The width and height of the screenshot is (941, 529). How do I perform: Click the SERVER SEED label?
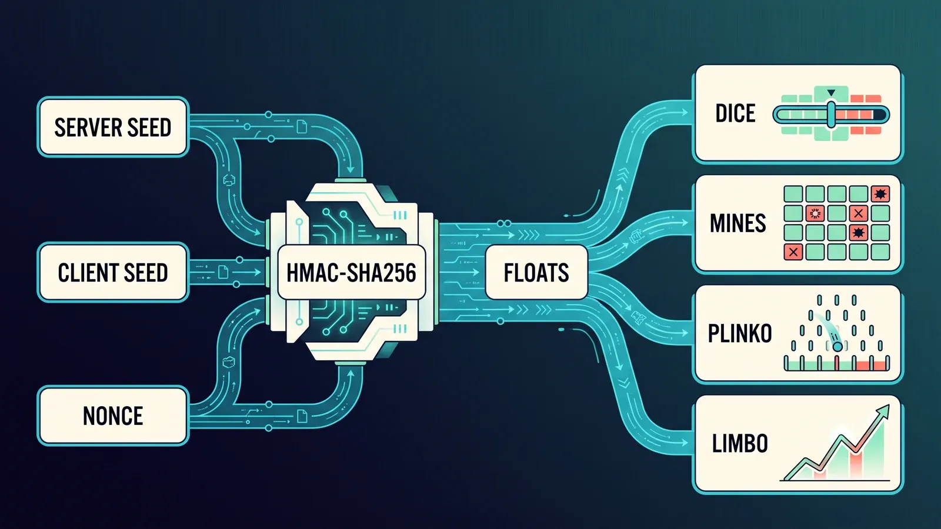coord(112,127)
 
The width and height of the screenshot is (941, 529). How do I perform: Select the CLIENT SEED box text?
coord(112,273)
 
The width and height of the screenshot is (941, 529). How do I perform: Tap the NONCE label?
coord(112,416)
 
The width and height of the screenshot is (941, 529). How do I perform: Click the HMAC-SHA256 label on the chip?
coord(351,273)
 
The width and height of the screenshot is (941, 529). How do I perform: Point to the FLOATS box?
coord(536,273)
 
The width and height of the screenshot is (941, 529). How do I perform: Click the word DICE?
coord(735,113)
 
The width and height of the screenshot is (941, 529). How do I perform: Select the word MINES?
coord(738,223)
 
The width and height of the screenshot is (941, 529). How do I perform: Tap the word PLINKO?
coord(740,333)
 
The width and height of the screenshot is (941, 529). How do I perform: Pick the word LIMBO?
coord(740,443)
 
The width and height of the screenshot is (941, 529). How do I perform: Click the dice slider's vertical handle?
coord(831,114)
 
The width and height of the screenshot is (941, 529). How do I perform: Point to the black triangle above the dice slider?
coord(831,93)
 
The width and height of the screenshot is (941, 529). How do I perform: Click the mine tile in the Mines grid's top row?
coord(880,194)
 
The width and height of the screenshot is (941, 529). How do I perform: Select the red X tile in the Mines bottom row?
coord(793,252)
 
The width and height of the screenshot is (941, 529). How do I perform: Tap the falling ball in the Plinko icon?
coord(837,346)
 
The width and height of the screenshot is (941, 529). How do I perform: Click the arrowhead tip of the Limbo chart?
coord(889,405)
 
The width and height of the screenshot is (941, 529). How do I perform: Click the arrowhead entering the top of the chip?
coord(350,170)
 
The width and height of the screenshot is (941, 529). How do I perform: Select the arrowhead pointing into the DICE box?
coord(684,112)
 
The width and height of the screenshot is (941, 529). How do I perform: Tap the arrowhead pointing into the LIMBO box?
coord(683,443)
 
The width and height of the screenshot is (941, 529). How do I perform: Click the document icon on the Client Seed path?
coord(223,272)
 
